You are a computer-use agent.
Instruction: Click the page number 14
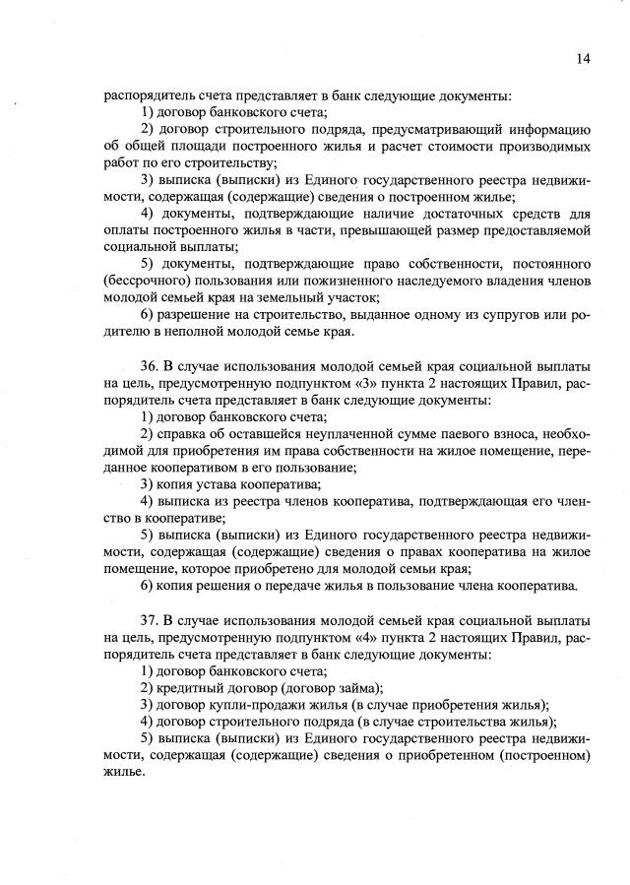582,59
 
